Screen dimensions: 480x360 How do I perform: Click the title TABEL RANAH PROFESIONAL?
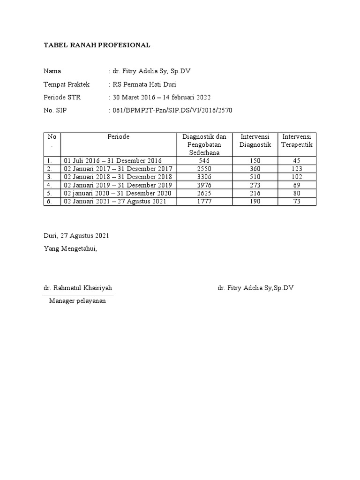point(97,45)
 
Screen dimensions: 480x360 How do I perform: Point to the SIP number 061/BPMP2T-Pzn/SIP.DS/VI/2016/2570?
point(171,111)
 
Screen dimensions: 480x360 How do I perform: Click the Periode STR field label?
point(61,97)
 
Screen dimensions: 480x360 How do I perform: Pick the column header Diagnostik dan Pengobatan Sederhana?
point(204,144)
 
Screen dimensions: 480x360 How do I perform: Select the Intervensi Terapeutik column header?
point(297,141)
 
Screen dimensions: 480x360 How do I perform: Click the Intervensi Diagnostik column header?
point(255,141)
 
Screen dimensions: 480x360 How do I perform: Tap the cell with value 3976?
point(204,185)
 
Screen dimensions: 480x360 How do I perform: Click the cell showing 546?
point(204,160)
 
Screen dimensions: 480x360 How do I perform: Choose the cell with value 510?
point(255,177)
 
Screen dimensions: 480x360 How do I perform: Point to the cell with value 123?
point(297,169)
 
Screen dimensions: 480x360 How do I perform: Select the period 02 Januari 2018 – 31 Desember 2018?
point(118,177)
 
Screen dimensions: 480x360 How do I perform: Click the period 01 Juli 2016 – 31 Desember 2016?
point(112,160)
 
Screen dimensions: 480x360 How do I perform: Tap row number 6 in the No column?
point(49,201)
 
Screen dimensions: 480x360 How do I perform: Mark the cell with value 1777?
point(204,201)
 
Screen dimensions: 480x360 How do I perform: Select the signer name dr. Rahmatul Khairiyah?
point(78,287)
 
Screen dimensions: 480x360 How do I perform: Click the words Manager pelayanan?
point(77,301)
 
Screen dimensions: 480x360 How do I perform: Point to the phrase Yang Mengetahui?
point(70,248)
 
